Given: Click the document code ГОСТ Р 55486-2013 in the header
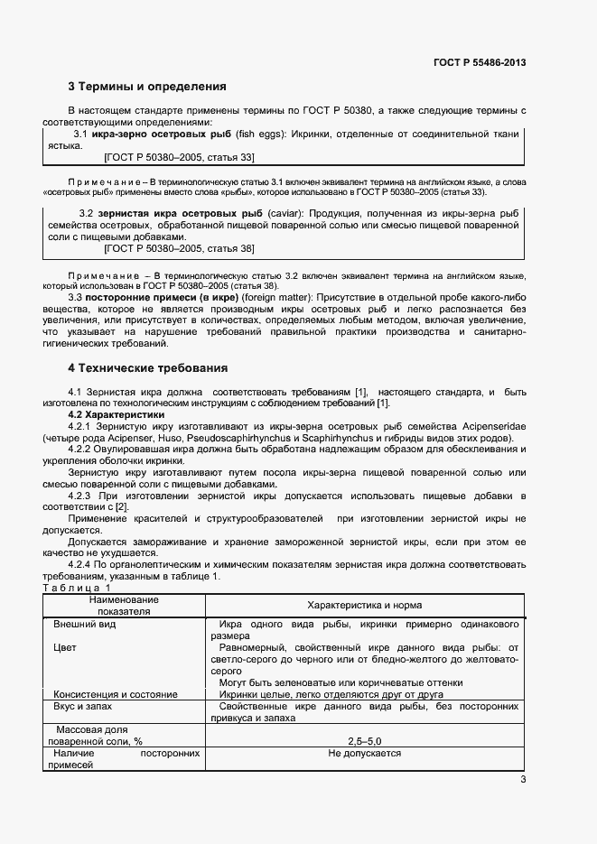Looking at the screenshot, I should click(480, 62).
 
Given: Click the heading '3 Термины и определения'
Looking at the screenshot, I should click(146, 87).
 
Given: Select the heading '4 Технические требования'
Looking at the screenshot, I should click(147, 368).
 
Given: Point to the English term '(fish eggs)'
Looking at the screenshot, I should click(259, 134).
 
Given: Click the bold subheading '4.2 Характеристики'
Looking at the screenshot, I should click(117, 414).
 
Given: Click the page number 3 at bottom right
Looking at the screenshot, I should click(523, 780).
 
